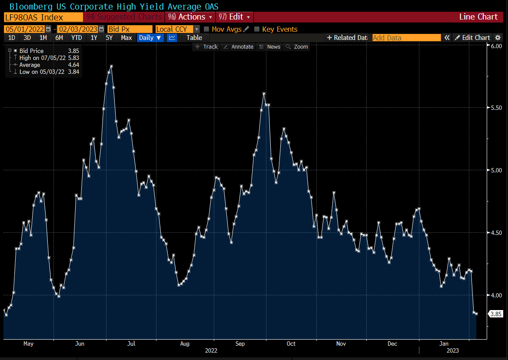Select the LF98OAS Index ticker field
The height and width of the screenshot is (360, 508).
43,17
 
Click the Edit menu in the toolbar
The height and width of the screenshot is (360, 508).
235,17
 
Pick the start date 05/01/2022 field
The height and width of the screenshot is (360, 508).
24,29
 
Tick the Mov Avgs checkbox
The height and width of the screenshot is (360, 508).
206,29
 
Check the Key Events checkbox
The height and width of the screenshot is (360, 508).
257,29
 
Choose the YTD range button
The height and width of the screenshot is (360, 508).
76,38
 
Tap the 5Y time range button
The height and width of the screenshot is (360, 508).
109,38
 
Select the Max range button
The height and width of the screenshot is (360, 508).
126,38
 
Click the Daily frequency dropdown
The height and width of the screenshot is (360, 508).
150,38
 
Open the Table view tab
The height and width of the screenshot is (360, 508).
194,38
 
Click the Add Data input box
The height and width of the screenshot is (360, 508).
406,38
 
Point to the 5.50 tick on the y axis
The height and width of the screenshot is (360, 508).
496,108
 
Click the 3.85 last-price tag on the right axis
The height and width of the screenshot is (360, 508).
496,314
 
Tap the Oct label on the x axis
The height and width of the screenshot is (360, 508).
291,343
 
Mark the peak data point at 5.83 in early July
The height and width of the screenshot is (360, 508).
111,66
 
